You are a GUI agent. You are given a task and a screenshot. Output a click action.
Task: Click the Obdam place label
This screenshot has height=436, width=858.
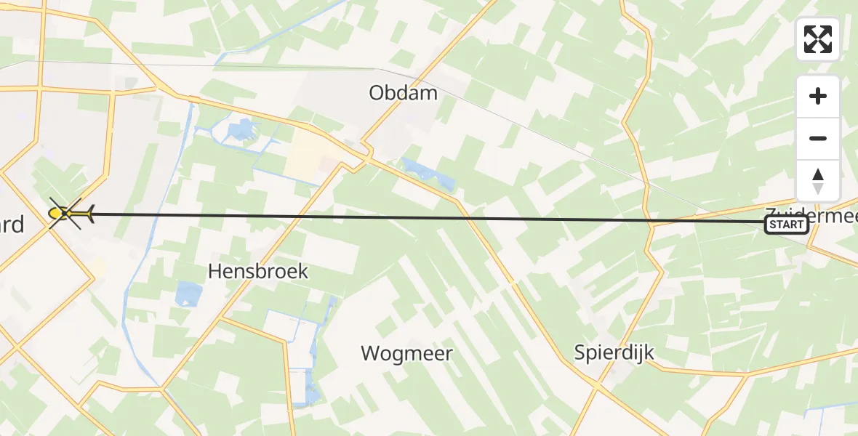click(x=404, y=93)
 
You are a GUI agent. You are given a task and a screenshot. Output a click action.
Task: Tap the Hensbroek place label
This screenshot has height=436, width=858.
click(x=258, y=272)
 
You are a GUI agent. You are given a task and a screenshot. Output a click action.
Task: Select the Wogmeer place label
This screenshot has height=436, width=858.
click(x=407, y=354)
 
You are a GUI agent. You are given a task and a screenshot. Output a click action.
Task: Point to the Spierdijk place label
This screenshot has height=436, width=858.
click(x=614, y=353)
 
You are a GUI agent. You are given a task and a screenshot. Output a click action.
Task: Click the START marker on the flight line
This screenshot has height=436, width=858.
click(x=786, y=225)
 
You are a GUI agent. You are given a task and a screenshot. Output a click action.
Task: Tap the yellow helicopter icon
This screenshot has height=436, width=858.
click(x=70, y=213)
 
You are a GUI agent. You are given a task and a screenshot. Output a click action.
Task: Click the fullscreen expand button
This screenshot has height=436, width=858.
click(x=818, y=39)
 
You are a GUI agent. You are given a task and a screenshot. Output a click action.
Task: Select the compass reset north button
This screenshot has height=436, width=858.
click(x=818, y=181)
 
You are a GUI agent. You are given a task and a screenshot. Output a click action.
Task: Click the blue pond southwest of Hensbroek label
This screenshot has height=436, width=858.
click(x=188, y=294)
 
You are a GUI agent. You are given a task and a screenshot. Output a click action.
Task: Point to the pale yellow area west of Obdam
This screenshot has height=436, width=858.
click(x=309, y=160)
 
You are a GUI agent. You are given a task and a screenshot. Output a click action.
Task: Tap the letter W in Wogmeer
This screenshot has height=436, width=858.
click(x=371, y=354)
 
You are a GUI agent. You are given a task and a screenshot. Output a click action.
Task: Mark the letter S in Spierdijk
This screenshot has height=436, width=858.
click(x=580, y=353)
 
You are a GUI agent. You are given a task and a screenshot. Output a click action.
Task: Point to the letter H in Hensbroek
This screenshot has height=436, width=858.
click(x=215, y=272)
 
